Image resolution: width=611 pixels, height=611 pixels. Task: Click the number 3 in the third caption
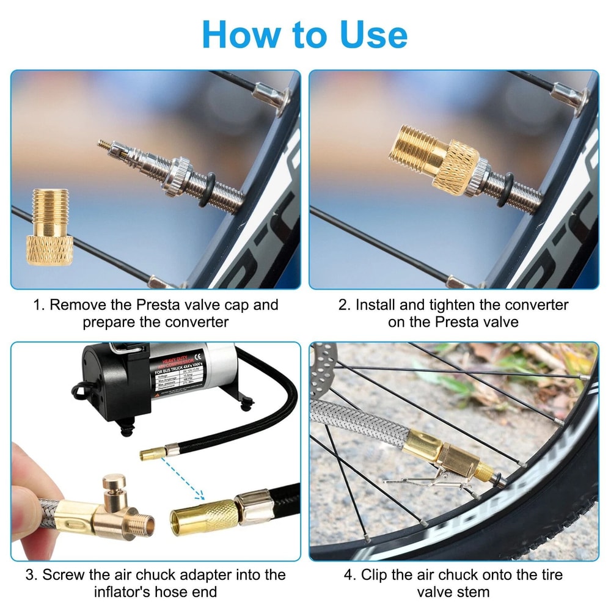[x=30, y=575]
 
